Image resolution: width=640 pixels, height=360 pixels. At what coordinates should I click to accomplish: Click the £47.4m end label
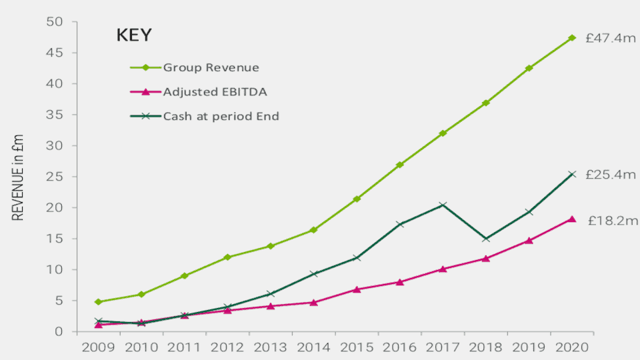coord(611,39)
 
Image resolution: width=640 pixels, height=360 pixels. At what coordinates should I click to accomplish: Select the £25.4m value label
coord(611,175)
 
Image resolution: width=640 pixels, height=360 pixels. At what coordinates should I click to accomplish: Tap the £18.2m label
coord(613,221)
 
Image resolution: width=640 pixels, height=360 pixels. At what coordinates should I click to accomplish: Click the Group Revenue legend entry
coord(211,67)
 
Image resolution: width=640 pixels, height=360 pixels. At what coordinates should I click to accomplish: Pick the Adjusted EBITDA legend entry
coord(215,92)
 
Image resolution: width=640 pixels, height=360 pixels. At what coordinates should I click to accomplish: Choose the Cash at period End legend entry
coord(221,116)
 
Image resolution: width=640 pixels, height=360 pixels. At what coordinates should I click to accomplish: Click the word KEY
coord(134,35)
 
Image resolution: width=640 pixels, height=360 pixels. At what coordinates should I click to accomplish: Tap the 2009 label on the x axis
coord(98,347)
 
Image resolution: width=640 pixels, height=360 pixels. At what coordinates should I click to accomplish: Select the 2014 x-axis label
coord(314,347)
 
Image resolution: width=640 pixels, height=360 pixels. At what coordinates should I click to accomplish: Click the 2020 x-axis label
coord(573,347)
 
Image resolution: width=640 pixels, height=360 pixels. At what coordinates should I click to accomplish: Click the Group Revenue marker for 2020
coord(572,38)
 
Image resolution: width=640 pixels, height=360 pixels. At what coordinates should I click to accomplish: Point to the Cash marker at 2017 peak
coord(443,205)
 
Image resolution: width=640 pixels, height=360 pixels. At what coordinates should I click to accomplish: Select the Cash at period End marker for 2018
coord(486,239)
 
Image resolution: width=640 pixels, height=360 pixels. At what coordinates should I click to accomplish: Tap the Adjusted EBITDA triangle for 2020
coord(572,219)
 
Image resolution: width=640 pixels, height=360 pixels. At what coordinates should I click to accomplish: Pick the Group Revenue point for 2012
coord(227,257)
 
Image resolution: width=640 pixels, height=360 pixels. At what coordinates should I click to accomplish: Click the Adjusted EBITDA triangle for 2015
coord(357,289)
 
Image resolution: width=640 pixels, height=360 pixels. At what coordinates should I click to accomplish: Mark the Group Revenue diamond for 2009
coord(98,302)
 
